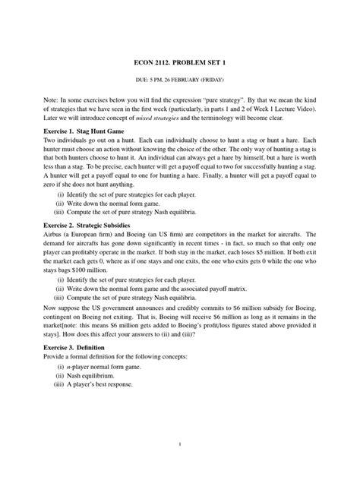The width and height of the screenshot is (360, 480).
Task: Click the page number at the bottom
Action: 178,444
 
